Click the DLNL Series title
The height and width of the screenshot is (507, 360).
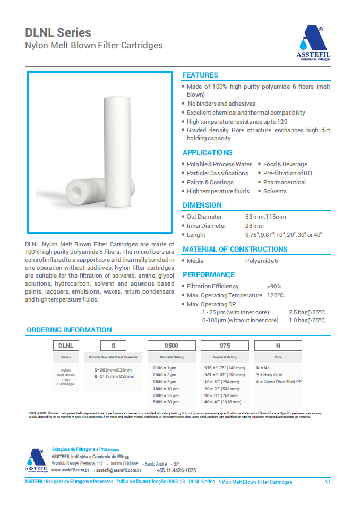pos(58,33)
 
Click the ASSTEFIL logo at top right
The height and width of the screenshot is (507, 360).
pos(312,44)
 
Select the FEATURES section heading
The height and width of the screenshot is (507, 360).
pos(200,75)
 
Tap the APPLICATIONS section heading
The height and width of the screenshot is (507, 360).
pos(207,152)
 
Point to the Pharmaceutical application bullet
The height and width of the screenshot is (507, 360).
pos(285,182)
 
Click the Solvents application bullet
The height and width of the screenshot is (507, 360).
pos(275,191)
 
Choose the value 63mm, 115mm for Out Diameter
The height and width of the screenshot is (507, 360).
pos(265,217)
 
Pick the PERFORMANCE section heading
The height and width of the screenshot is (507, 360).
pos(209,274)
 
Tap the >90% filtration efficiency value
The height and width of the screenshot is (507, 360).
pos(275,286)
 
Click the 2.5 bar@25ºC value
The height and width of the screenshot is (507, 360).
pos(307,312)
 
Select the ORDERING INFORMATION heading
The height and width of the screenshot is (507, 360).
pos(69,330)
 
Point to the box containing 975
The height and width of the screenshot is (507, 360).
pos(225,346)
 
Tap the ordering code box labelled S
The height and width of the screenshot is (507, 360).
pos(113,346)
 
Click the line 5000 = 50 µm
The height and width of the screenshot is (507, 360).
pos(166,402)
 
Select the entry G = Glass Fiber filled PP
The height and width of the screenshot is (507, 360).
pos(279,382)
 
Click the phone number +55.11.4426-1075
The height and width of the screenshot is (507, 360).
pos(176,471)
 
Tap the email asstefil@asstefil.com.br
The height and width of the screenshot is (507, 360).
pos(118,470)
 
